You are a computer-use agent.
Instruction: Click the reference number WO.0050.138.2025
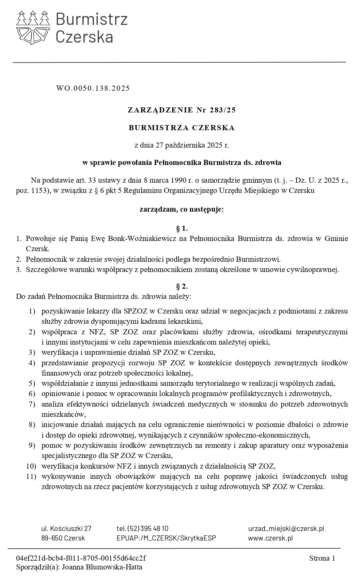pyautogui.click(x=93, y=88)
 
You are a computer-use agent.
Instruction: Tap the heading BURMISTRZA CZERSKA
pyautogui.click(x=182, y=128)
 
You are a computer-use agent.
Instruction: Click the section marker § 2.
pyautogui.click(x=182, y=286)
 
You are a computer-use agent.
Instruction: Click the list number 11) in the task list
pyautogui.click(x=31, y=476)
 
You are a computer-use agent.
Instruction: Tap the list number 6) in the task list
pyautogui.click(x=32, y=394)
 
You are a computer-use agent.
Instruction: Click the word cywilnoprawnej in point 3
pyautogui.click(x=315, y=270)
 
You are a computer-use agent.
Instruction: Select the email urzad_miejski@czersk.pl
pyautogui.click(x=286, y=529)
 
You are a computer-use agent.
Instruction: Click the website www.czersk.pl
pyautogui.click(x=270, y=538)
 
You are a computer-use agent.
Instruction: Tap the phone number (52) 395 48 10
pyautogui.click(x=148, y=529)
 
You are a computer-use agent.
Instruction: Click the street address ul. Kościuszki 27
pyautogui.click(x=66, y=529)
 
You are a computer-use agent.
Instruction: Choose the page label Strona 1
pyautogui.click(x=322, y=558)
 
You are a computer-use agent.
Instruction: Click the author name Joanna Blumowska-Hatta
pyautogui.click(x=103, y=567)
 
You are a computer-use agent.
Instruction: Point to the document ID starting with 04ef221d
pyautogui.click(x=81, y=558)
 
